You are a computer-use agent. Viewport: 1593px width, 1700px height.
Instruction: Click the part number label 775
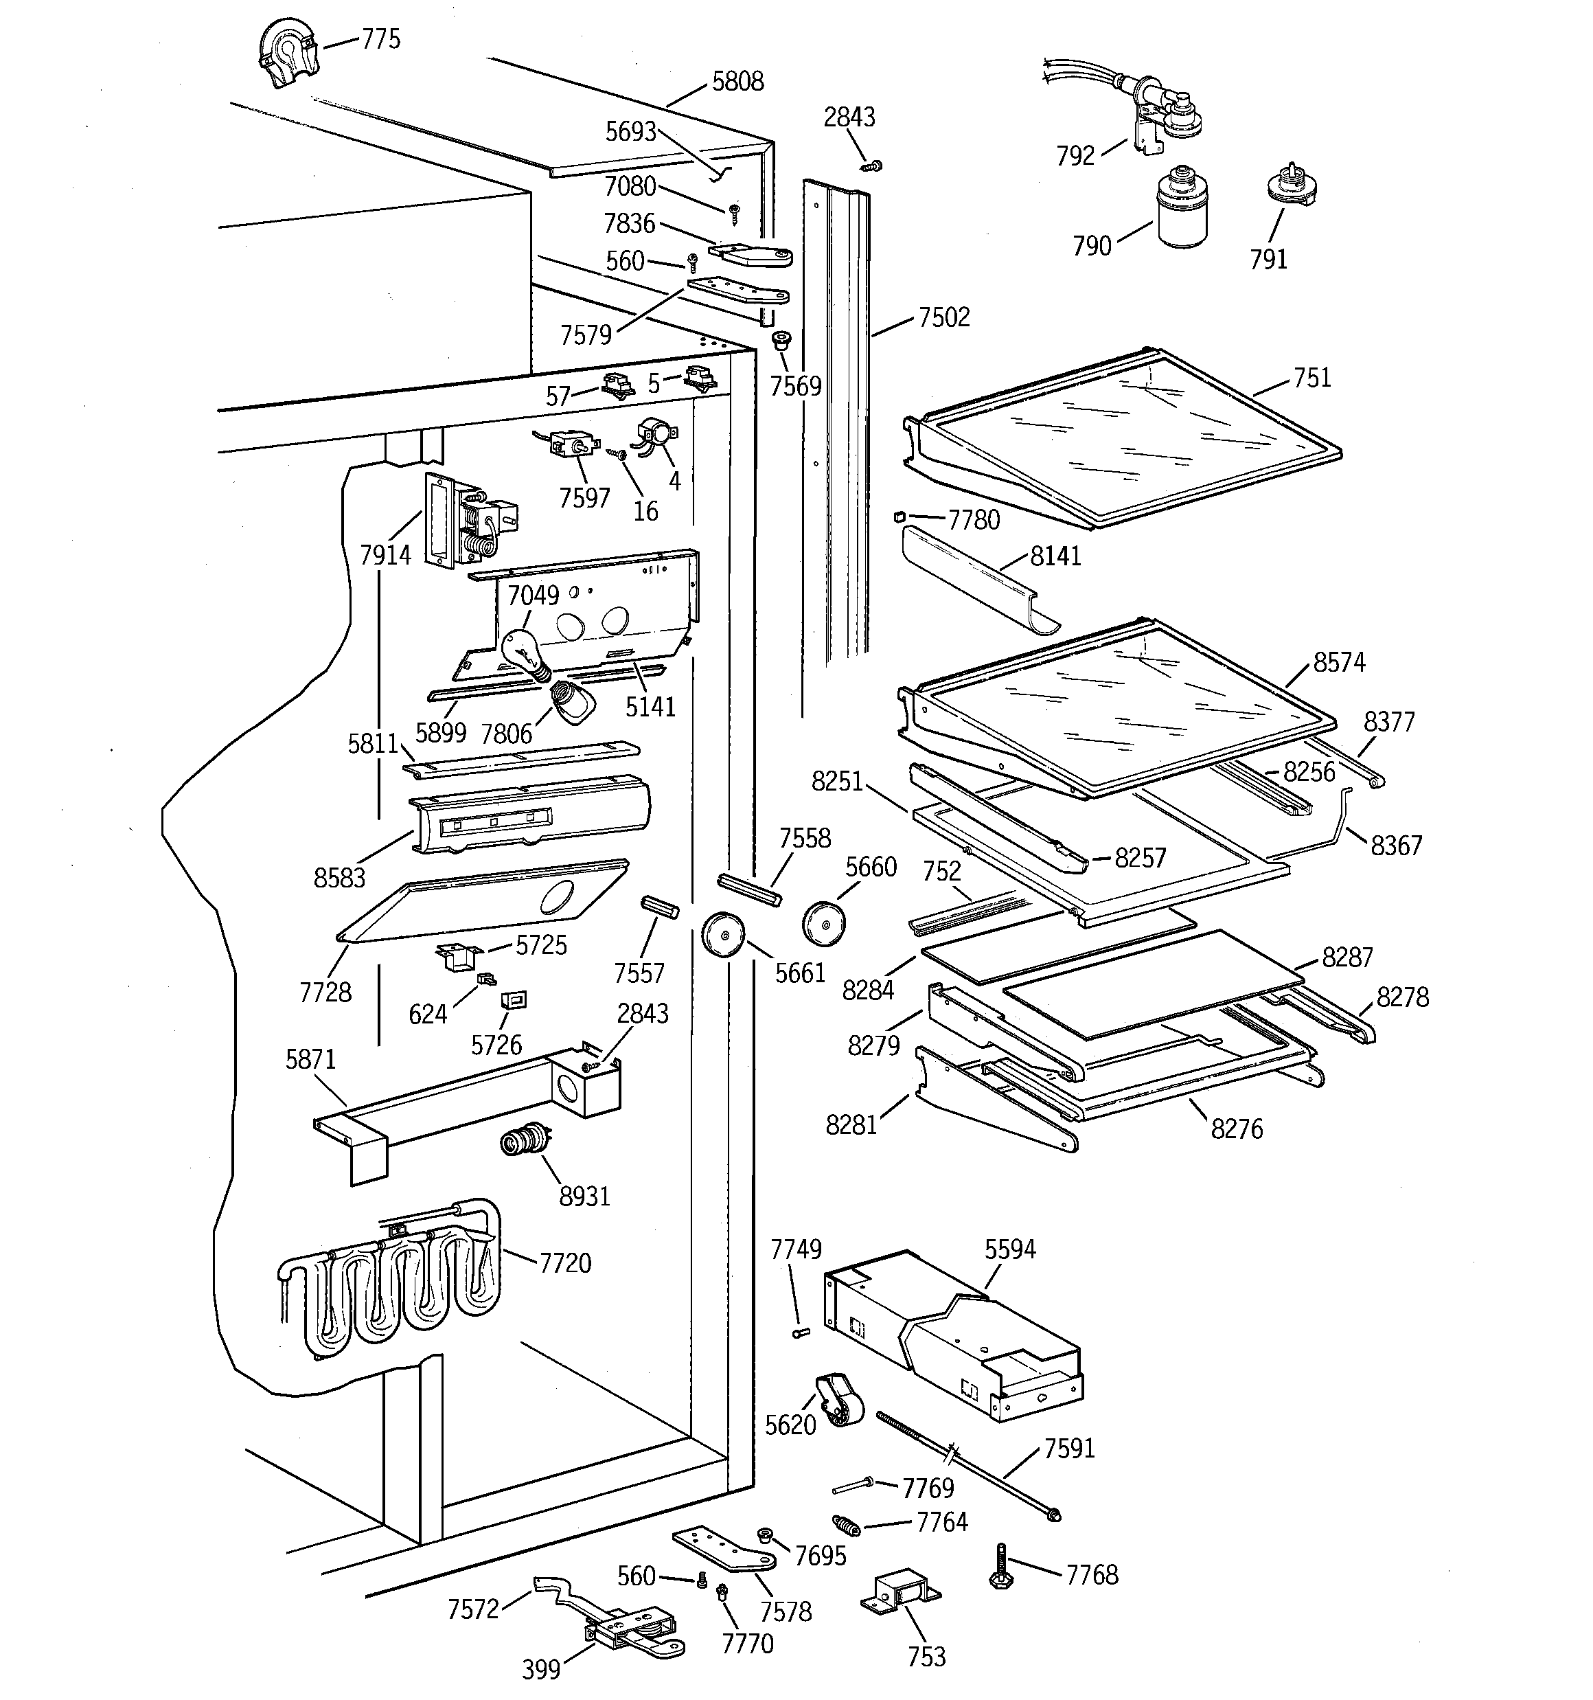pos(380,39)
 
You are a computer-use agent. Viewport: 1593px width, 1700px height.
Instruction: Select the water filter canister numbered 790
pos(1183,209)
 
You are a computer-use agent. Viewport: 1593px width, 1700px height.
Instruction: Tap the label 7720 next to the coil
pos(565,1263)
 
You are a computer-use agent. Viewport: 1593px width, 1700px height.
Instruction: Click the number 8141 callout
pos(1055,556)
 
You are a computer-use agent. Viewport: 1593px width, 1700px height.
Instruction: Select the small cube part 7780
pos(899,516)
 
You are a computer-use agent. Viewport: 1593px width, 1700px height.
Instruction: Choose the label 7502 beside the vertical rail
pos(944,318)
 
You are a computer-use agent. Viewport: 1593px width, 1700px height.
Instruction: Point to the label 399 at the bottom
pos(540,1668)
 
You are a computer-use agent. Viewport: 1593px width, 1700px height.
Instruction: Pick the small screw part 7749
pos(801,1331)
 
